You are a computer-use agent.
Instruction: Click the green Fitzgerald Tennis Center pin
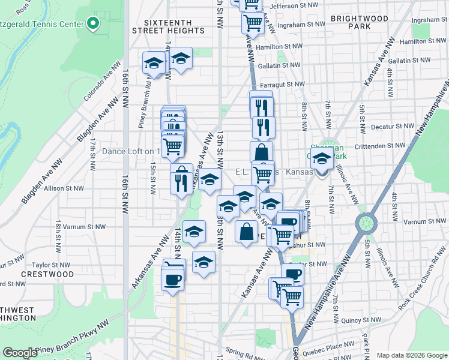(93, 24)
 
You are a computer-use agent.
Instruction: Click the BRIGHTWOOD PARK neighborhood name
(359, 23)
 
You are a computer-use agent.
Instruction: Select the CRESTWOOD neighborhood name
(47, 274)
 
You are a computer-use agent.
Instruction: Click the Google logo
(20, 353)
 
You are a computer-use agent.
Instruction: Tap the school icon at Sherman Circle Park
(322, 160)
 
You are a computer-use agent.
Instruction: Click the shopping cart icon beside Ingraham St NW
(253, 23)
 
